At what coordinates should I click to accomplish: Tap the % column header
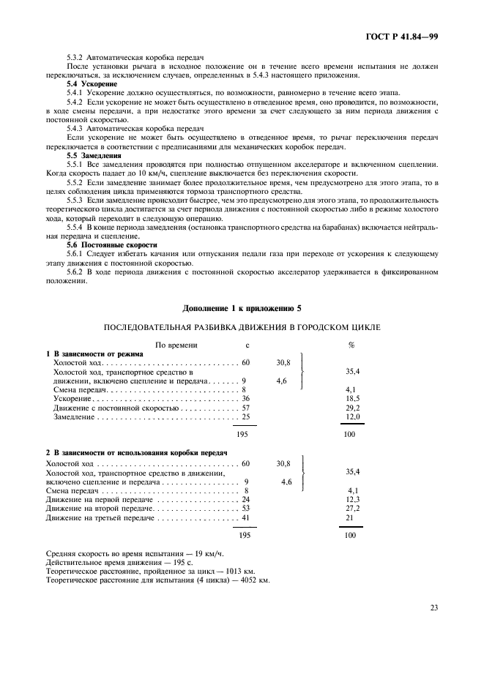[351, 343]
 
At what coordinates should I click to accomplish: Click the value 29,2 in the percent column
[351, 408]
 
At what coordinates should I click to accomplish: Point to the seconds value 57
[245, 408]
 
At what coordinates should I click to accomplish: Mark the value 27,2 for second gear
[351, 509]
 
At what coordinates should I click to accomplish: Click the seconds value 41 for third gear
[245, 518]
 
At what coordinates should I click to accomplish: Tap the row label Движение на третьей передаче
[100, 518]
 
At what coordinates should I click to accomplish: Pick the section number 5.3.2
[75, 58]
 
